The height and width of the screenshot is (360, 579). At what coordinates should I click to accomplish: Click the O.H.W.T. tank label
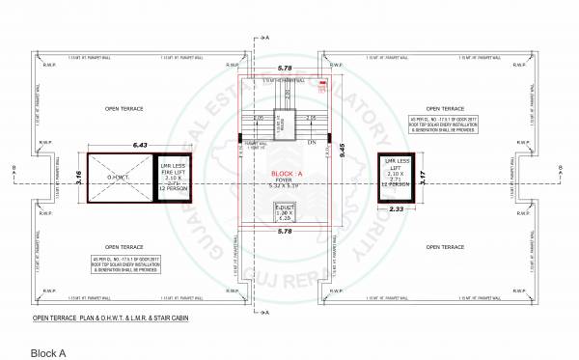tap(117, 177)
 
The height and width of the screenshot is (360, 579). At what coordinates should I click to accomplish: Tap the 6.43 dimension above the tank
tap(142, 146)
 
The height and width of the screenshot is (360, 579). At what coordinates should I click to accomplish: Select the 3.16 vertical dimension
tap(78, 179)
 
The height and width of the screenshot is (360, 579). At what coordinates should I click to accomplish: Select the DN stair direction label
tap(312, 143)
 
